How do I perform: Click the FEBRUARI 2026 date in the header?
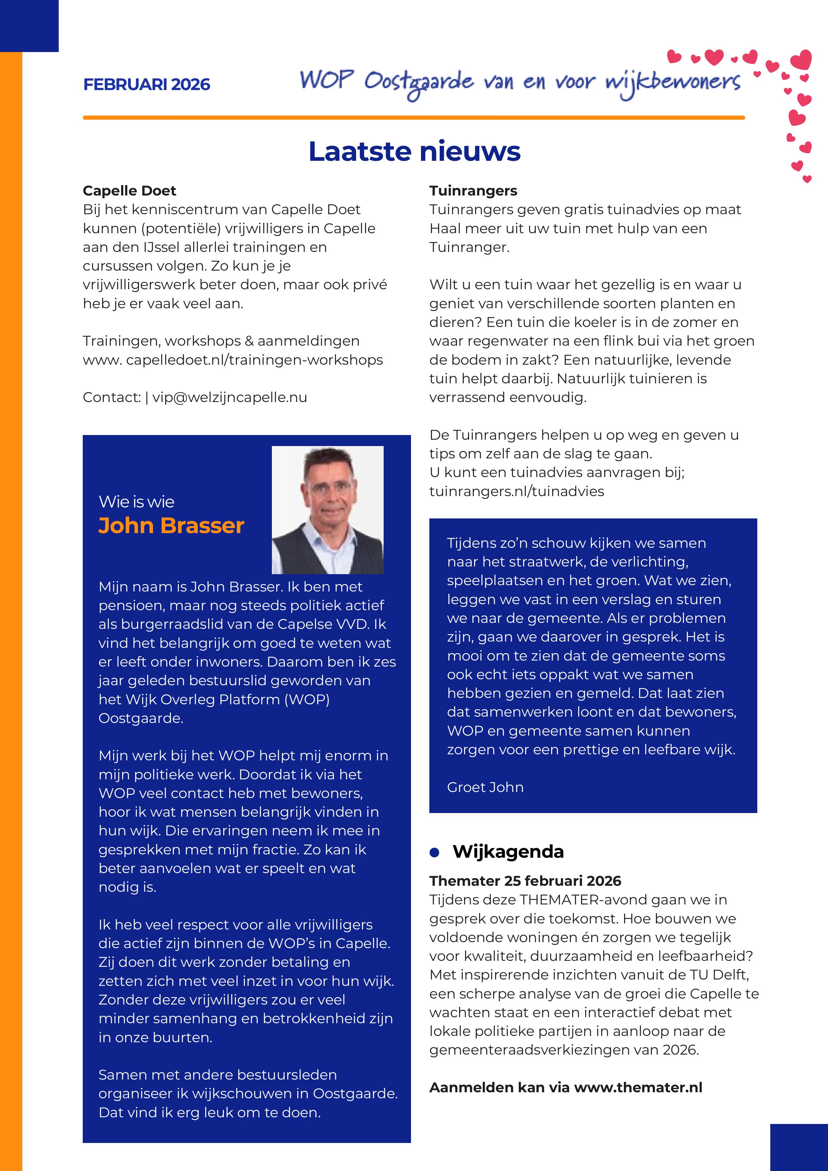(146, 84)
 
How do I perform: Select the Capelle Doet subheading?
(129, 191)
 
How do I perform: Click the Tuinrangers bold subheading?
(473, 191)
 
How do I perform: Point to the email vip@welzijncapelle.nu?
(230, 397)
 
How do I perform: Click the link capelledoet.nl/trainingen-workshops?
(254, 360)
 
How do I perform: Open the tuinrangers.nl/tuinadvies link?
(516, 491)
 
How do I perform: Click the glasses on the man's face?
(329, 485)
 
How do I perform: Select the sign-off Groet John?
(485, 787)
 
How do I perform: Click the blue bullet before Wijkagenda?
(434, 852)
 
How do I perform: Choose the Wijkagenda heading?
(508, 852)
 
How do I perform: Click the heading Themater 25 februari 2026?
(525, 881)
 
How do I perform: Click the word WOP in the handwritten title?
(326, 80)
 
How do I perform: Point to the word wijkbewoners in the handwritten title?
(673, 82)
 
